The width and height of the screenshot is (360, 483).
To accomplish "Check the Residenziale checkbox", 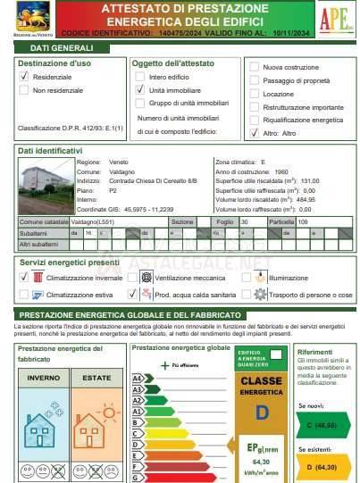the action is click(24, 78).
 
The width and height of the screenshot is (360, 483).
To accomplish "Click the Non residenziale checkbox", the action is click(24, 91).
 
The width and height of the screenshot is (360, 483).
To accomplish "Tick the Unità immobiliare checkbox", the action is click(140, 90).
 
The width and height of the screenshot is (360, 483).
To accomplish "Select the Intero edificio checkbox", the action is click(140, 78).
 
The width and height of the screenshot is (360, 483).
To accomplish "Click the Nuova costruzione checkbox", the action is click(254, 67).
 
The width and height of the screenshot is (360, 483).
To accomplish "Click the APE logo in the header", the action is click(331, 18).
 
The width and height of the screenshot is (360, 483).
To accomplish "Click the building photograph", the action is click(42, 185).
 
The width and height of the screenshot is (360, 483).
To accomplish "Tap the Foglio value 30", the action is click(245, 221).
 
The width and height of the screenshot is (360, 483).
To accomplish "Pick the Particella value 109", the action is click(304, 221).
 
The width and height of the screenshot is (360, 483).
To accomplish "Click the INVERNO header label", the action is click(43, 379).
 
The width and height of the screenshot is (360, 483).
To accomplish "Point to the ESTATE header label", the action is click(96, 379).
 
